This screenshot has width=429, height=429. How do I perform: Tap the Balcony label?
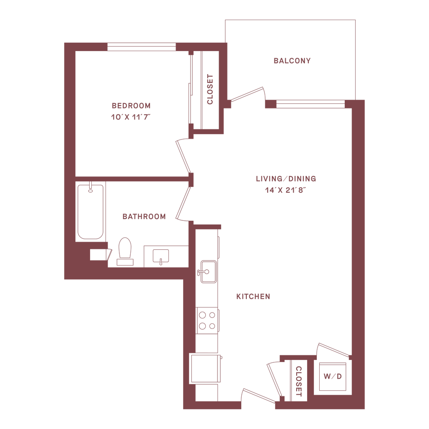click(292, 61)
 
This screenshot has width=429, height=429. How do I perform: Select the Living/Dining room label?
click(286, 179)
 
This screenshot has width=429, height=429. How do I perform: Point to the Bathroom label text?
click(144, 217)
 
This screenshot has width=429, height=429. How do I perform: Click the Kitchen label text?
click(253, 297)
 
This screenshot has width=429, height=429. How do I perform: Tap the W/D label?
click(333, 376)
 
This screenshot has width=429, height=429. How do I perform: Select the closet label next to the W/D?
click(299, 381)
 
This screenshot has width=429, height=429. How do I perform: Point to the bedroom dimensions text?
click(130, 117)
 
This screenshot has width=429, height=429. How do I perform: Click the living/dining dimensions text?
click(286, 190)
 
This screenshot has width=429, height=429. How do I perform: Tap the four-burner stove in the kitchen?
click(208, 320)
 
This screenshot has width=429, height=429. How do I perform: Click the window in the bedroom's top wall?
click(142, 47)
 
